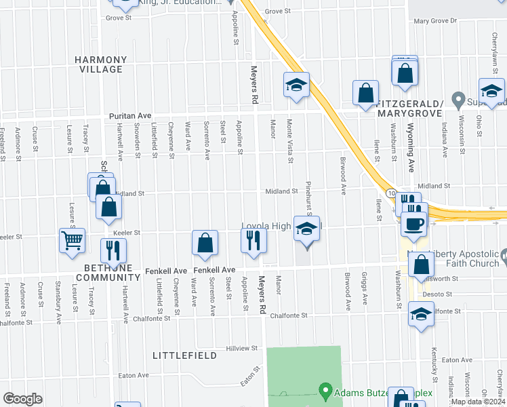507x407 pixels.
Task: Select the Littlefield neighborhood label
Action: point(184,355)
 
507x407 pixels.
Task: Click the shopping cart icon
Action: point(72,240)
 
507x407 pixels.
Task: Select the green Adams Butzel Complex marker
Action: point(325,391)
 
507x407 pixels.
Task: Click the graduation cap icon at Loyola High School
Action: point(306,230)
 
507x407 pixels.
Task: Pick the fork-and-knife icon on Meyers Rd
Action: point(254,240)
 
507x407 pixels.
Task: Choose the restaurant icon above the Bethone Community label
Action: point(113,250)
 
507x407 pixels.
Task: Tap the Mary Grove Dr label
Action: point(436,21)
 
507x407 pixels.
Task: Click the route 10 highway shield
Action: point(392,194)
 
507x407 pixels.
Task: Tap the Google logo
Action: point(22,398)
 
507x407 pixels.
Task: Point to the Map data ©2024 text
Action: point(479,402)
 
